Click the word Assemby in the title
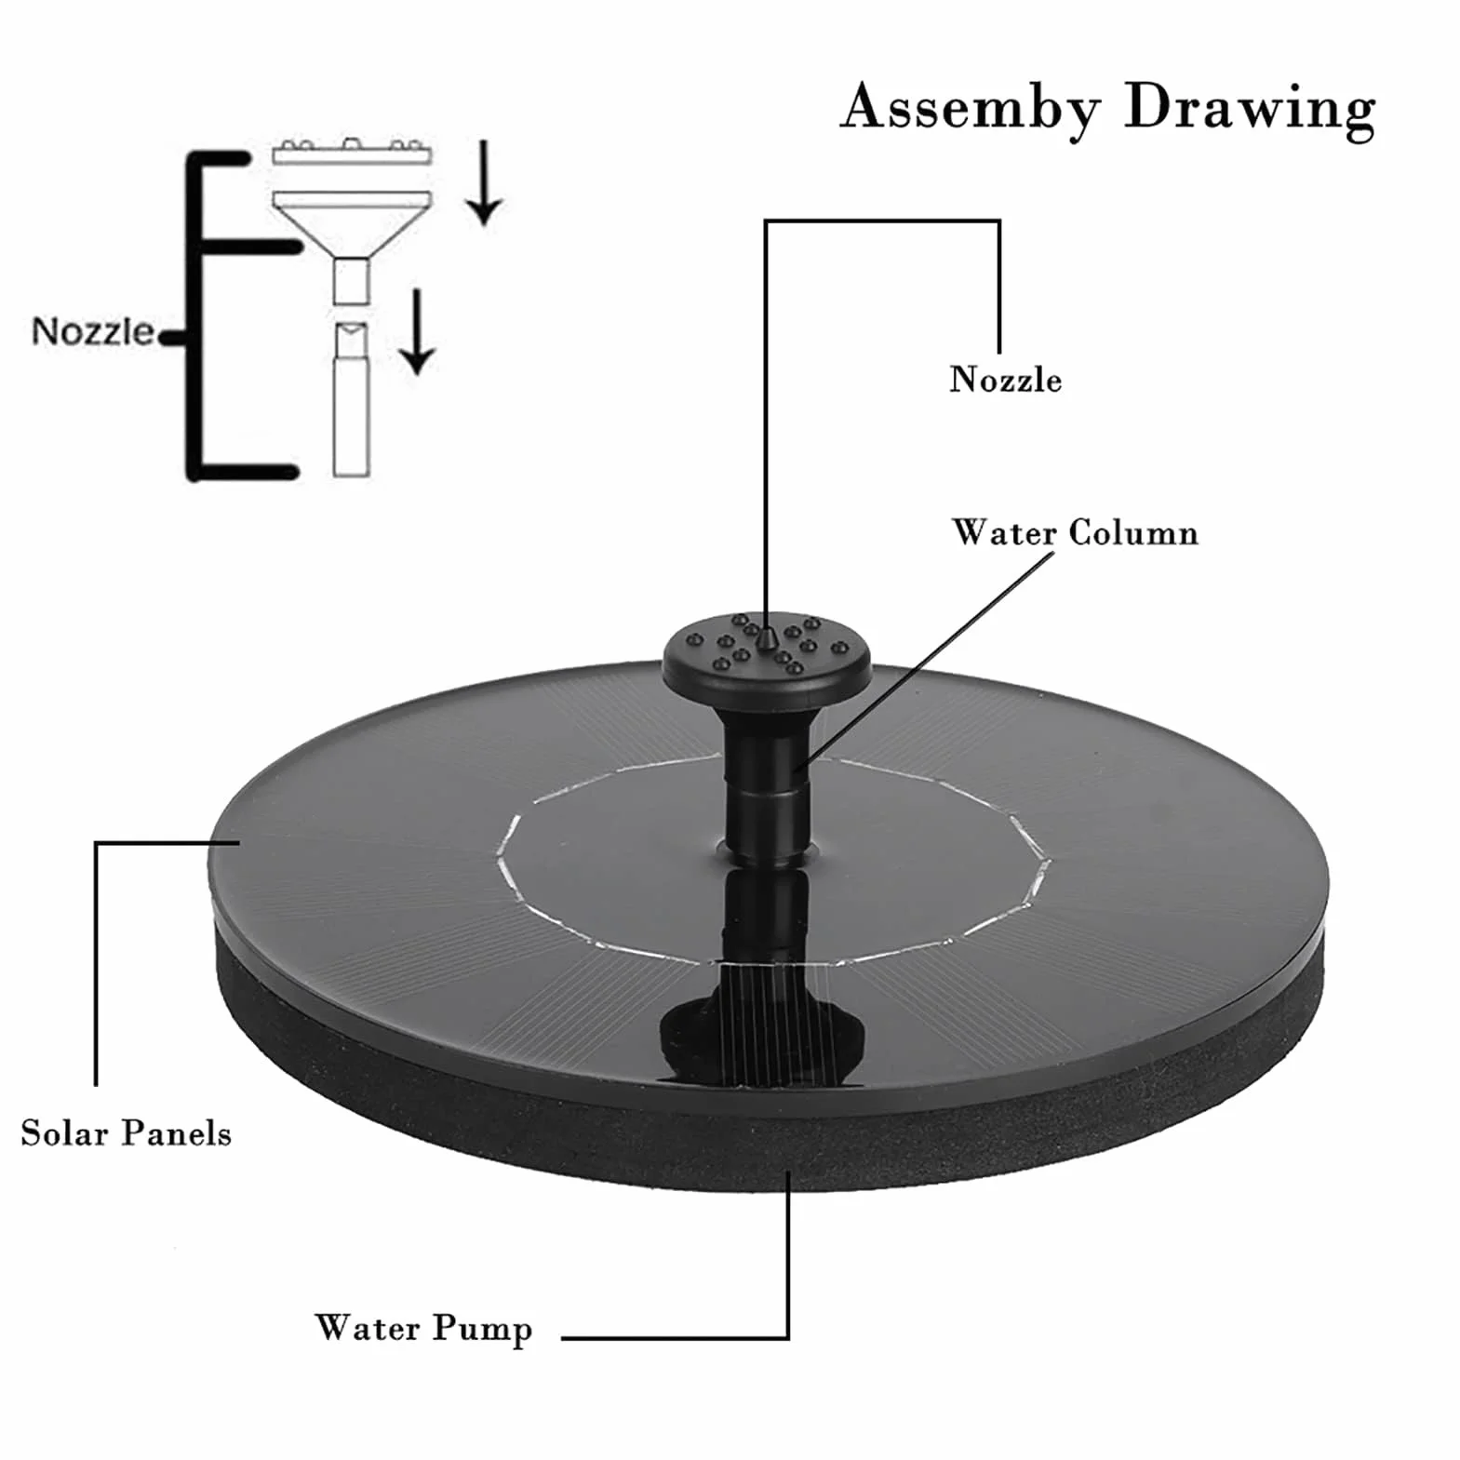point(971,108)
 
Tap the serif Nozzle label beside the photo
point(1005,380)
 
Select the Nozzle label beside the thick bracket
point(92,331)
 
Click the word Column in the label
point(1133,532)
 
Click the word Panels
point(177,1132)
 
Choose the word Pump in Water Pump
point(482,1329)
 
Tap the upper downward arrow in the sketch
point(483,182)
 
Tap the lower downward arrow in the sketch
point(418,331)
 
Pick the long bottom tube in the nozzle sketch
point(352,400)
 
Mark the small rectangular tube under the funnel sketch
point(352,281)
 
